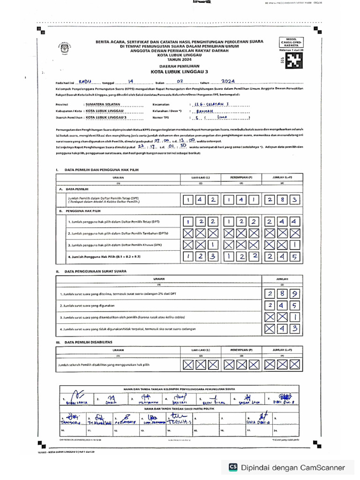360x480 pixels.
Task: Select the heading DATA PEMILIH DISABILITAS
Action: click(x=91, y=343)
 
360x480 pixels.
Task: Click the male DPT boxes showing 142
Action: click(x=200, y=200)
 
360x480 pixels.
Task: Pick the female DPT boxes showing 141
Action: click(x=240, y=200)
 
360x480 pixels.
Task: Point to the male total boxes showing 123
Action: click(x=200, y=256)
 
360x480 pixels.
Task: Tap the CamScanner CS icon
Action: click(x=232, y=467)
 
